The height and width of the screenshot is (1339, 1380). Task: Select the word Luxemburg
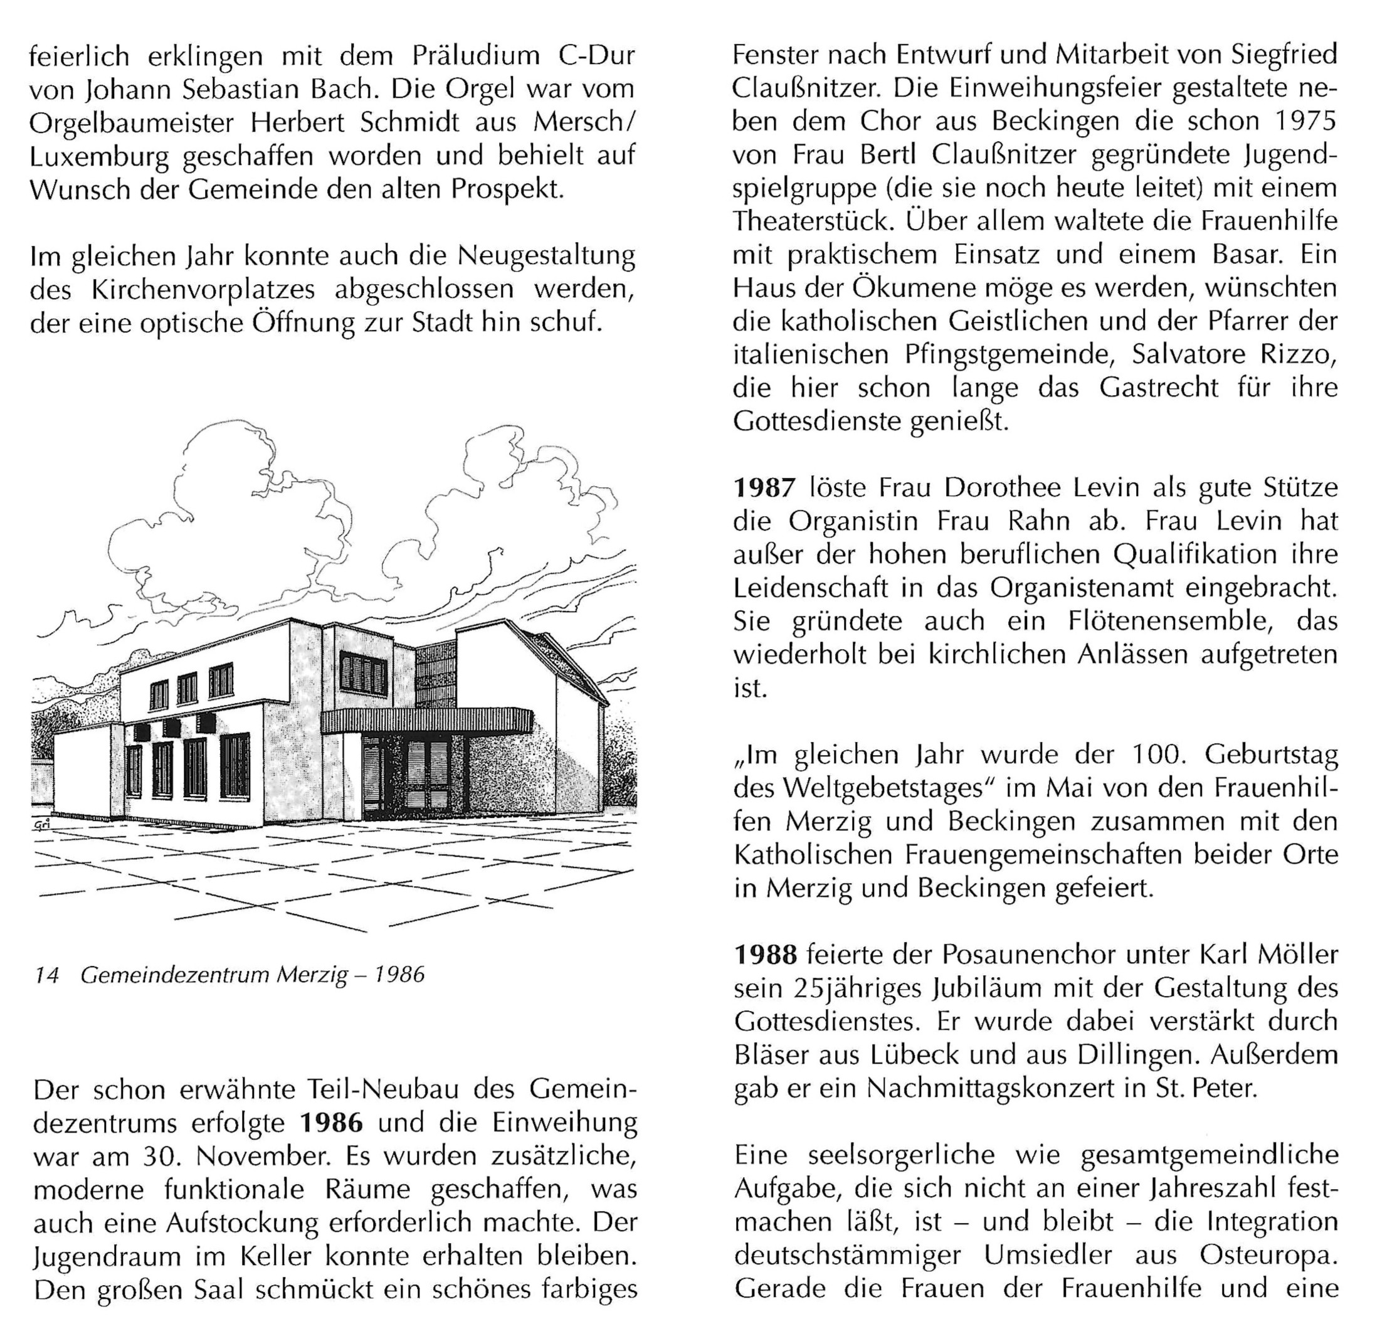99,156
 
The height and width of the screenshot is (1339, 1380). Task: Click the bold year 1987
765,487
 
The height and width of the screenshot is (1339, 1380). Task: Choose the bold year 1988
766,955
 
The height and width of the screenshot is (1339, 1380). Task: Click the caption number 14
47,975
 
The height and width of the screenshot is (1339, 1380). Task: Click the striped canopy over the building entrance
426,721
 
